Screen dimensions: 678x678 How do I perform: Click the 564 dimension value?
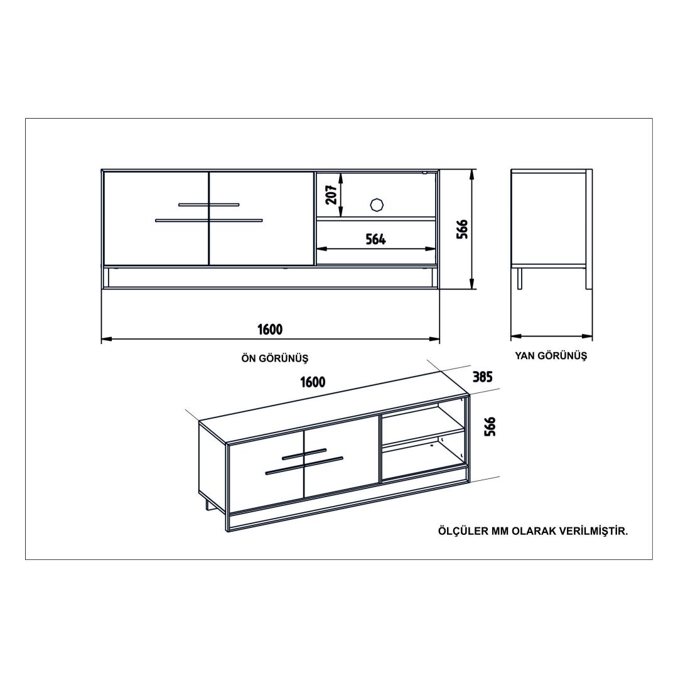point(376,239)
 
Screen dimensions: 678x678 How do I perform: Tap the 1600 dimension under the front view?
point(270,330)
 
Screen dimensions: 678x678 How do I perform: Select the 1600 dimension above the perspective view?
point(313,382)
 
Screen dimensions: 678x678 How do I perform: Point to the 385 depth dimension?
point(482,377)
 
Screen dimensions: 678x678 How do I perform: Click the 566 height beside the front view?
point(462,229)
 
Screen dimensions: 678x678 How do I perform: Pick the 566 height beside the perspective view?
point(490,427)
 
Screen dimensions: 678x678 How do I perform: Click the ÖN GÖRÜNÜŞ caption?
point(274,358)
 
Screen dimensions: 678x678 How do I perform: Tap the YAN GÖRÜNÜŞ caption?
point(551,356)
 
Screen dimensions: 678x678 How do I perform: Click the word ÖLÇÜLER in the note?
point(462,531)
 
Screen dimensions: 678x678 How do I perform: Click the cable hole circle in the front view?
point(377,205)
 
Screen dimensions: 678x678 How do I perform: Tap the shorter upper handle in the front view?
point(209,204)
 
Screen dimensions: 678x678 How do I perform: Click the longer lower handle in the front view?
point(209,220)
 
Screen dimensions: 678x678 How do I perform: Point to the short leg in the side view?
point(520,277)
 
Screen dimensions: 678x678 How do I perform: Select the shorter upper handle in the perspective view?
point(304,454)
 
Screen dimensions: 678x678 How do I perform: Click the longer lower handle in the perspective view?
point(304,466)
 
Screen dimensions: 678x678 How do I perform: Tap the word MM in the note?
point(500,532)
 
